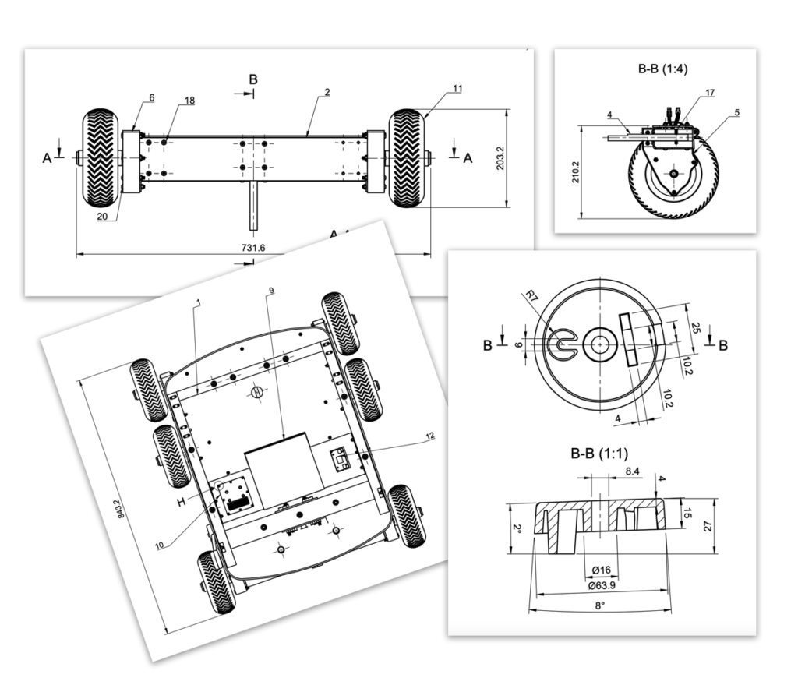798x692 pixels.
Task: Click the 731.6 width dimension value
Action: pos(253,248)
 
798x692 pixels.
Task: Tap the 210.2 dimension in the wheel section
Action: pos(576,172)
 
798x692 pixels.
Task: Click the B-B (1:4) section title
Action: pos(662,69)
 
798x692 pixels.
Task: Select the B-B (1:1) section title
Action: pos(599,454)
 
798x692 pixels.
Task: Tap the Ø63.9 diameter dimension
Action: pos(602,585)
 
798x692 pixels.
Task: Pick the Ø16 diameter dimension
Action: pos(602,570)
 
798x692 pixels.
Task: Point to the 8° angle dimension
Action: pos(600,605)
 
